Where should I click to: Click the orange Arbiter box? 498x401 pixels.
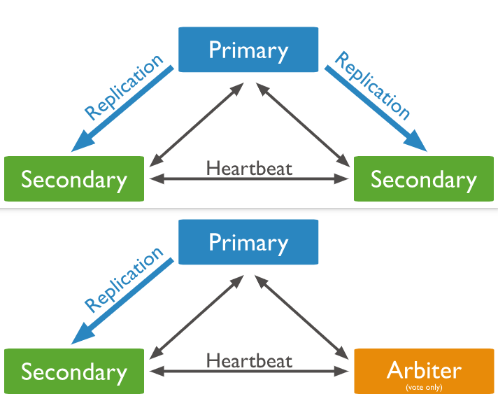tap(424, 370)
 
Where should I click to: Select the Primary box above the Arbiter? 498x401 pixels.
tap(248, 242)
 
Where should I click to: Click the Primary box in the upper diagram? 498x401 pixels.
tap(248, 50)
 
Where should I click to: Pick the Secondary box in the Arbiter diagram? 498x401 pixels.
tap(74, 372)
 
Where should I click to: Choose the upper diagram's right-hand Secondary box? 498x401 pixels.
tap(424, 179)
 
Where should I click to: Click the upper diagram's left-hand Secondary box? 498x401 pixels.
tap(74, 179)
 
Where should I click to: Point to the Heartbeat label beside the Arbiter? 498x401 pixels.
tap(249, 360)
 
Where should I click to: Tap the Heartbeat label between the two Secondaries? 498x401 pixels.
tap(249, 168)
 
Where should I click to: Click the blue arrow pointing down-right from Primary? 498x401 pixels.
tap(376, 109)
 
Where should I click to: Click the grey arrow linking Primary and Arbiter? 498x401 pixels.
tap(304, 317)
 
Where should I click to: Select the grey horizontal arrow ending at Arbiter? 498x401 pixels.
tap(249, 371)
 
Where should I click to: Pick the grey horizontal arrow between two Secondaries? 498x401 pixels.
tap(249, 179)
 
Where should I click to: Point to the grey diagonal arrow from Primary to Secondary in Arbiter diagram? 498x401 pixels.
tap(196, 316)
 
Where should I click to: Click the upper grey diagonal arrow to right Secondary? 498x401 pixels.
tap(304, 124)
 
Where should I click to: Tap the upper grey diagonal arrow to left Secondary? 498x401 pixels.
tap(196, 124)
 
